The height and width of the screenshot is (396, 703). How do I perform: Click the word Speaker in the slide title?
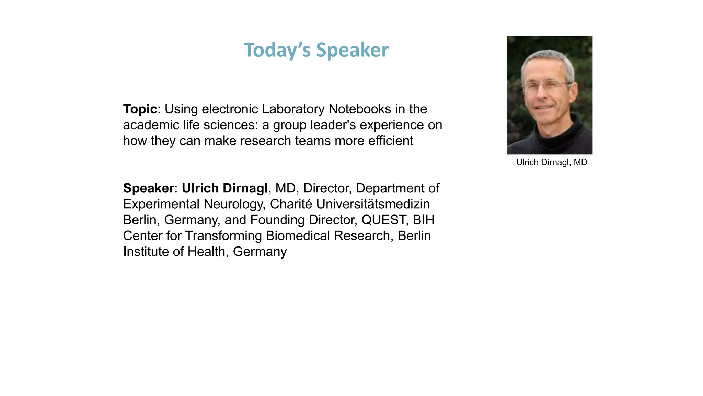(352, 50)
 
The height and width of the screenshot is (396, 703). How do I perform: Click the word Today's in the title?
(277, 50)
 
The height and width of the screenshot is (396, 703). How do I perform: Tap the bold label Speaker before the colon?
(149, 188)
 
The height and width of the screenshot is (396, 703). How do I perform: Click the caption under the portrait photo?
(552, 162)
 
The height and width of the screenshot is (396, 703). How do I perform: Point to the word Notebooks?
(360, 109)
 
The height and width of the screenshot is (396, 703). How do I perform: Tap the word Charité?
(291, 204)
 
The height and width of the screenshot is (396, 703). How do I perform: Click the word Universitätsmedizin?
(373, 204)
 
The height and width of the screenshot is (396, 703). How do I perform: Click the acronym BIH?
(424, 220)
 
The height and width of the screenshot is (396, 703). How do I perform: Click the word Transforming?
(223, 235)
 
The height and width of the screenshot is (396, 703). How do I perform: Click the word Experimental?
(161, 204)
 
